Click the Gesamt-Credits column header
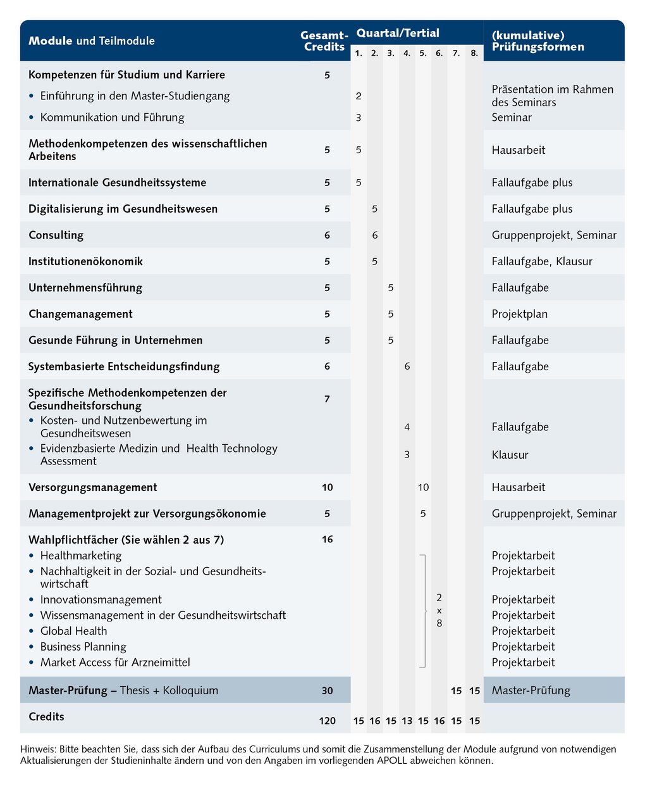coord(324,41)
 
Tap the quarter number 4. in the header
coord(407,53)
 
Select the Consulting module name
coord(56,235)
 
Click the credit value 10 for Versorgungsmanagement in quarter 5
coord(423,487)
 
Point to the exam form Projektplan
coord(520,314)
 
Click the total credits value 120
coord(327,721)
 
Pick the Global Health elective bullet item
coord(73,631)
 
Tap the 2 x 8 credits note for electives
coord(439,610)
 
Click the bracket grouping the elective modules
coord(424,610)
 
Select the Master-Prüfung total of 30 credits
coord(327,690)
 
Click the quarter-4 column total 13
coord(407,721)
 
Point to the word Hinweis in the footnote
coord(37,749)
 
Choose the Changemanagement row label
coord(80,314)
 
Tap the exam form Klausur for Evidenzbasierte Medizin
coord(510,454)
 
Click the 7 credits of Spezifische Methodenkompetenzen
coord(327,399)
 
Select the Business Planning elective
coord(83,647)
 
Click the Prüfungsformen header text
coord(538,47)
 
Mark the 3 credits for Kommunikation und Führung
coord(359,117)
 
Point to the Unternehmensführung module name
coord(85,287)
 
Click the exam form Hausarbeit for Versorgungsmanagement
coord(519,487)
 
